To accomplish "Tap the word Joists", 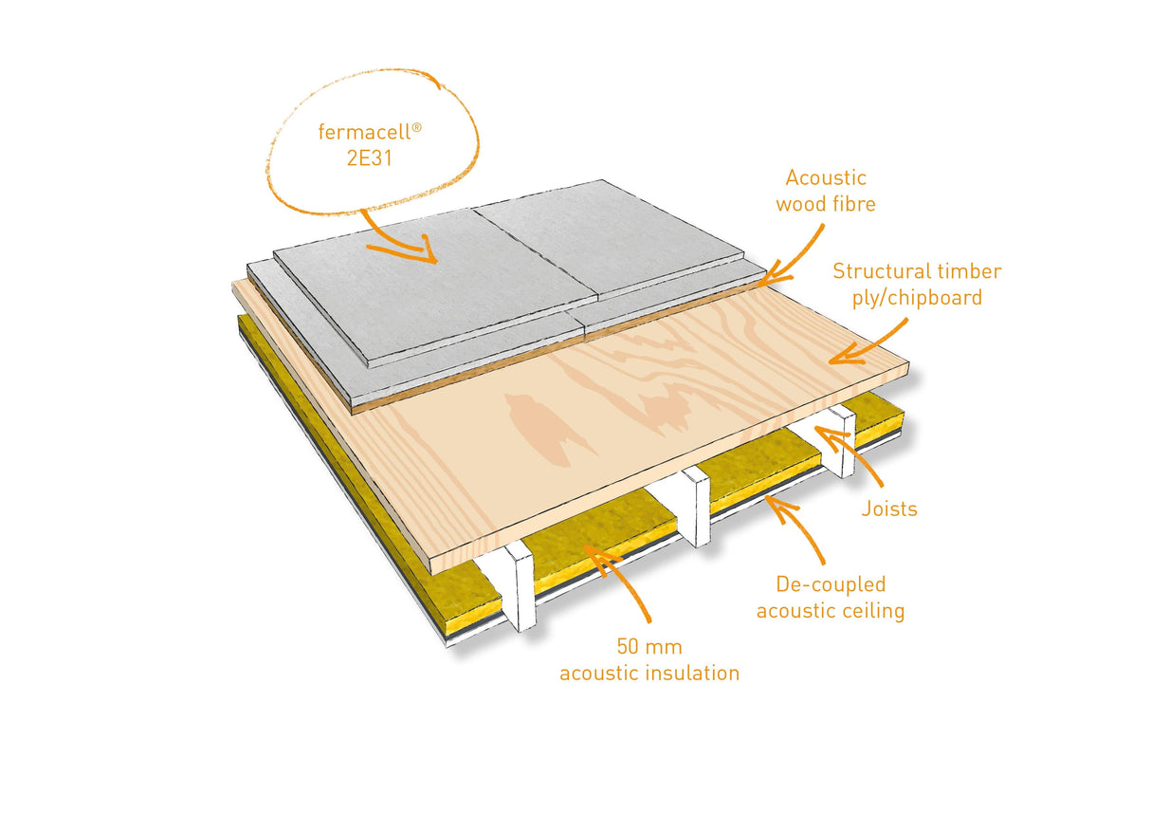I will coord(889,509).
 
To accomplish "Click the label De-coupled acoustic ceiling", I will coord(830,598).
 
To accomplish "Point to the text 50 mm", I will coord(649,648).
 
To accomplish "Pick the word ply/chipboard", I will coord(916,297).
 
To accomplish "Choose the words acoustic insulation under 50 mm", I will coord(649,674).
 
